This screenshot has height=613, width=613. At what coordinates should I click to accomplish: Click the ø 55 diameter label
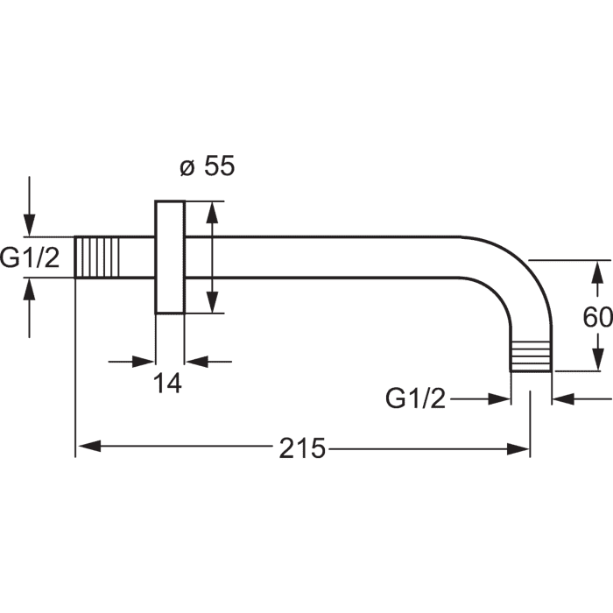pyautogui.click(x=208, y=166)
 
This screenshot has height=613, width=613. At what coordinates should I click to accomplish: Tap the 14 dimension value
pyautogui.click(x=167, y=384)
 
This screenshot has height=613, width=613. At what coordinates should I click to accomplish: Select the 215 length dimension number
pyautogui.click(x=302, y=448)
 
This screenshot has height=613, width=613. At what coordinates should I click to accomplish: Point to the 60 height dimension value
pyautogui.click(x=597, y=317)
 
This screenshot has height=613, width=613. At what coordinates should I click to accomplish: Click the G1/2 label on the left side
pyautogui.click(x=30, y=257)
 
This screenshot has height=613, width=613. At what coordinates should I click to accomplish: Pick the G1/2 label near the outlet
pyautogui.click(x=415, y=398)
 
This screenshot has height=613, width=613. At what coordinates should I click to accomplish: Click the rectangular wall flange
pyautogui.click(x=170, y=257)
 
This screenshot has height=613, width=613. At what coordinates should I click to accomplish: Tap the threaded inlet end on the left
pyautogui.click(x=96, y=257)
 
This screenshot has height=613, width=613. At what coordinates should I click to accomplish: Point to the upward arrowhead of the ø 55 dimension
pyautogui.click(x=212, y=213)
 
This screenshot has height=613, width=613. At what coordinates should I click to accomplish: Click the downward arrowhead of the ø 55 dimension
pyautogui.click(x=212, y=301)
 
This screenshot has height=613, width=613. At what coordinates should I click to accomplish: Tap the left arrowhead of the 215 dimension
pyautogui.click(x=90, y=446)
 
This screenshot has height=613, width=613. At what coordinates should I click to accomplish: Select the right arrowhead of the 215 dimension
pyautogui.click(x=518, y=448)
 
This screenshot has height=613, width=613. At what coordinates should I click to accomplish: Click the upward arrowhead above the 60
pyautogui.click(x=597, y=272)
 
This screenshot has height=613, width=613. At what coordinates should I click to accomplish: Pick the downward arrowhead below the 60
pyautogui.click(x=597, y=358)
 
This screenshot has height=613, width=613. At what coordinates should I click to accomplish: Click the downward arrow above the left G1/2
pyautogui.click(x=29, y=206)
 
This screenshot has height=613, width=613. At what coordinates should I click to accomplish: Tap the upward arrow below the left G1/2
pyautogui.click(x=29, y=307)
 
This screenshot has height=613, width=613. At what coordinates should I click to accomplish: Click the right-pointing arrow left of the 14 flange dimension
pyautogui.click(x=131, y=362)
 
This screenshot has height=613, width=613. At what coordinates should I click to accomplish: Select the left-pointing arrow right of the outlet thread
pyautogui.click(x=582, y=399)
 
